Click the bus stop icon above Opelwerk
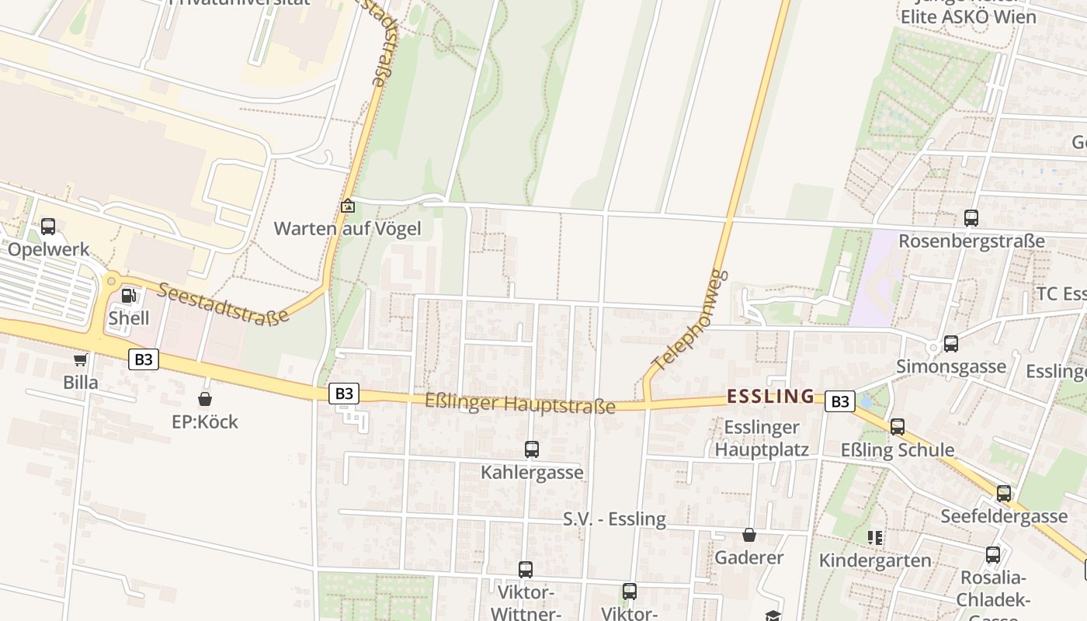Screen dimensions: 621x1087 pos(48,227)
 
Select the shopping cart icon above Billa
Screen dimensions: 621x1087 pos(80,359)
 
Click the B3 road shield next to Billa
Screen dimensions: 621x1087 pos(144,359)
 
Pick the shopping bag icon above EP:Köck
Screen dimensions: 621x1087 pos(205,399)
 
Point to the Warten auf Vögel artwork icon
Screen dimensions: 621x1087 pos(348,206)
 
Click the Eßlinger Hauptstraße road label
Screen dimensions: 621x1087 pos(520,404)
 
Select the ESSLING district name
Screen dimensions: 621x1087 pos(771,397)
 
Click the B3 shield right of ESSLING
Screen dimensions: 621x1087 pos(839,401)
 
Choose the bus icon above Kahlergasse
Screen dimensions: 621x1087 pos(532,449)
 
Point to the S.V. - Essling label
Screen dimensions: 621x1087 pos(614,519)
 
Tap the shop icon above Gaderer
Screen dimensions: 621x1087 pos(749,535)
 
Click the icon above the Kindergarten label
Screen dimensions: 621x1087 pos(875,537)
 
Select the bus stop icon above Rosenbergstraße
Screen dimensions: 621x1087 pos(971,218)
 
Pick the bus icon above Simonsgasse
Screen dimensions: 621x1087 pos(951,344)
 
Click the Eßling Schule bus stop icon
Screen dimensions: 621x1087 pos(898,427)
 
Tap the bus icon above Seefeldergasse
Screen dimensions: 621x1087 pos(1004,494)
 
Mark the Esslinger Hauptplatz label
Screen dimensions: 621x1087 pos(762,438)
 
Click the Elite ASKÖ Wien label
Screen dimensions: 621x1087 pos(968,16)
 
